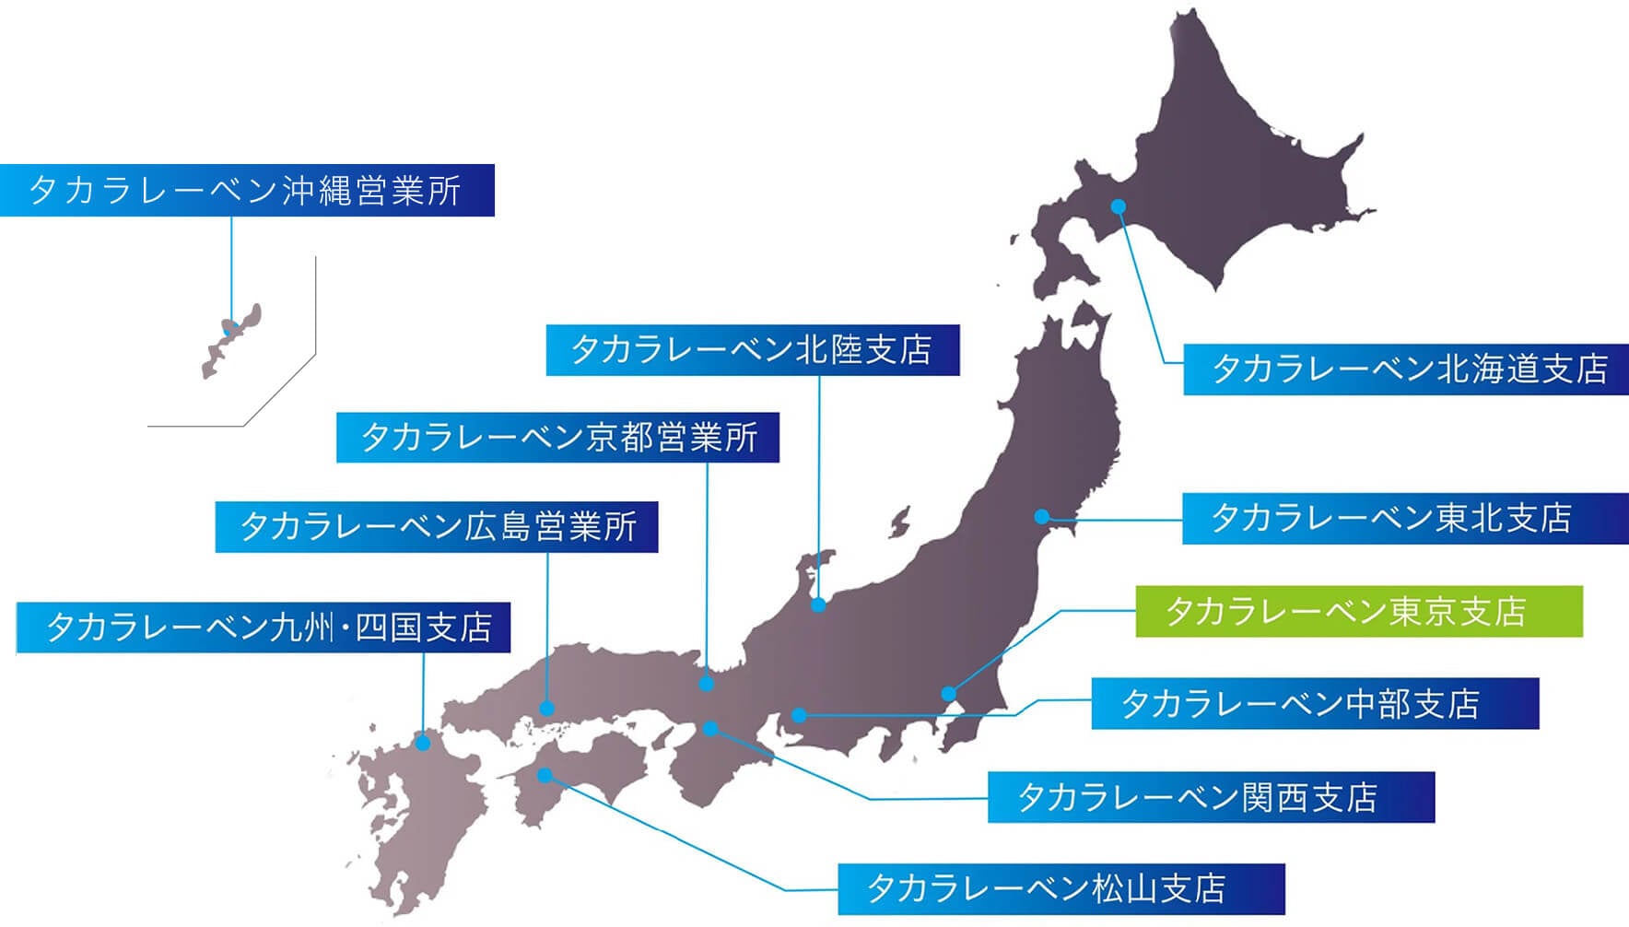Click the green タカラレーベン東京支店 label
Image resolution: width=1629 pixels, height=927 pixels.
click(1358, 611)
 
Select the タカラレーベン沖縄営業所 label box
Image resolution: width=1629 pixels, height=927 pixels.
click(247, 191)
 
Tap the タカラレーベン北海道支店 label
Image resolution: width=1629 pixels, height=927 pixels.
click(1405, 370)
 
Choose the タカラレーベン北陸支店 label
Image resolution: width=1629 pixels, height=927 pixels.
click(752, 350)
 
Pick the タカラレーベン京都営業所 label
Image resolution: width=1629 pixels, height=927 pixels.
click(557, 437)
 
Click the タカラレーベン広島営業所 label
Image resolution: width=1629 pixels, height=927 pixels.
click(436, 527)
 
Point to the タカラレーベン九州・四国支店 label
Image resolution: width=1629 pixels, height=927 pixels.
click(264, 628)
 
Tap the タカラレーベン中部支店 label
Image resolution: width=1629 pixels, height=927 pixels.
click(1315, 704)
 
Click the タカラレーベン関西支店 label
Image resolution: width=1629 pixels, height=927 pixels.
click(1211, 797)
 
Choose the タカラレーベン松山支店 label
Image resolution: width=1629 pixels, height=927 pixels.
click(1061, 889)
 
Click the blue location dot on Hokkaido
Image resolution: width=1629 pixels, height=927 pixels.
click(1119, 206)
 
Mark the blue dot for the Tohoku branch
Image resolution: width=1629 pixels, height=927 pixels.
click(1042, 517)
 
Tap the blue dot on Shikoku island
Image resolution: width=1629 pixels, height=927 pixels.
click(545, 775)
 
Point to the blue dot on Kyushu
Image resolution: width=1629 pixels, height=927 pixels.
click(423, 742)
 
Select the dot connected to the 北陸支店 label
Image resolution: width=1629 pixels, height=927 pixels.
click(818, 604)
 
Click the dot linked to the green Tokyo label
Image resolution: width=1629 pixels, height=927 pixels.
click(949, 694)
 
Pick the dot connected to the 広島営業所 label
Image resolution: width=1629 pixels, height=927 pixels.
click(547, 709)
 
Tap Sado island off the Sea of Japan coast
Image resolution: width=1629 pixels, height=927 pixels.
click(899, 522)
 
